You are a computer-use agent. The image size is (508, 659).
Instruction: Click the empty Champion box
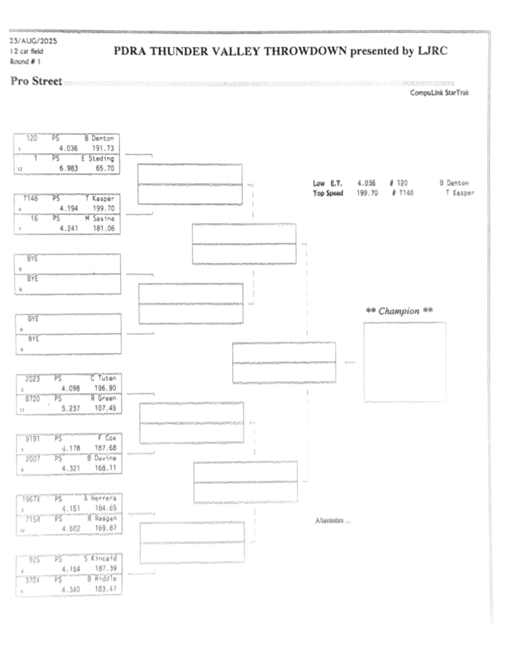point(404,362)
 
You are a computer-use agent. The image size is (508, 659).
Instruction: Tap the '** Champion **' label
point(399,311)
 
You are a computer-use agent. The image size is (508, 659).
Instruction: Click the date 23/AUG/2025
point(33,41)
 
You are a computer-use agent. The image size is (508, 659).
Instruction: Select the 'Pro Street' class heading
point(37,81)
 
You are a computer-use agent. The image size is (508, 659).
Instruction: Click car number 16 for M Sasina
point(34,218)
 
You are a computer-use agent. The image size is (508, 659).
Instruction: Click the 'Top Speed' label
point(328,192)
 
